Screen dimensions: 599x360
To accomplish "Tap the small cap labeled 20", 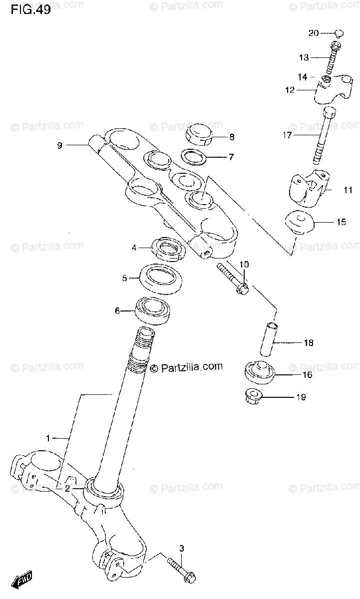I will (339, 33).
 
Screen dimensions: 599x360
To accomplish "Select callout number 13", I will (304, 57).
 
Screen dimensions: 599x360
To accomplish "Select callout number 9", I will (59, 146).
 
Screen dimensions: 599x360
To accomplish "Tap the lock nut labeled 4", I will (166, 247).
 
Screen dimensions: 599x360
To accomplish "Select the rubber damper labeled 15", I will (298, 222).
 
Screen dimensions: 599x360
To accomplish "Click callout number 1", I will (48, 438).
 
